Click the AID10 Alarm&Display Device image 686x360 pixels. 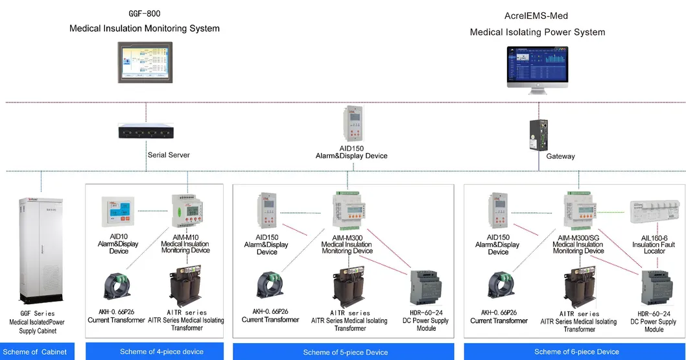pos(119,211)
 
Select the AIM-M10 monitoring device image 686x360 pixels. pos(186,210)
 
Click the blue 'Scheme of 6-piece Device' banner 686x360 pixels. pos(576,352)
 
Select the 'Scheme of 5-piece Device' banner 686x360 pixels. pos(345,352)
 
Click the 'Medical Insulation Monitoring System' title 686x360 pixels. pos(145,29)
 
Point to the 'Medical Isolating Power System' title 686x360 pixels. pos(537,32)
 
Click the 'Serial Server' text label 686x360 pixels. pos(169,155)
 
